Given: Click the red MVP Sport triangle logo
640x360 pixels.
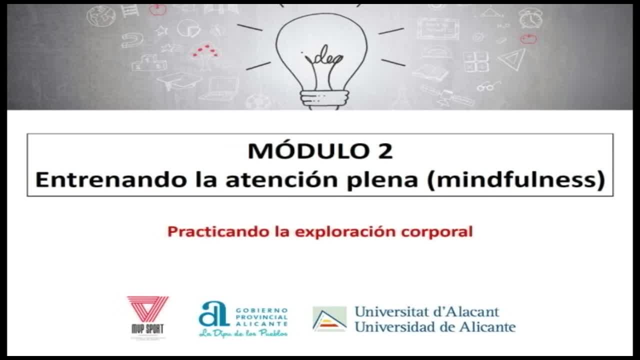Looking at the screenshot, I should point(147,310).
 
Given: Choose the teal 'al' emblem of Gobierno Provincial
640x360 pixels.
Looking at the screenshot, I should point(213,314).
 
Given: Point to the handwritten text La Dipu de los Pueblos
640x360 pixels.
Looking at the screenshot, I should point(243,333).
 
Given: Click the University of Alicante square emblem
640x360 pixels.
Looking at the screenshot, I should point(329,319).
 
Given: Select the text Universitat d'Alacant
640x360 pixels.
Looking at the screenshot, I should point(426,311).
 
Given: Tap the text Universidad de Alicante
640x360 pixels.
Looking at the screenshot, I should point(434,327).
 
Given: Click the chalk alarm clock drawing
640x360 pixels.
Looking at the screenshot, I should point(530,18).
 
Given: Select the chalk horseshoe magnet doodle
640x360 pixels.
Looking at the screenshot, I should point(131,40).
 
